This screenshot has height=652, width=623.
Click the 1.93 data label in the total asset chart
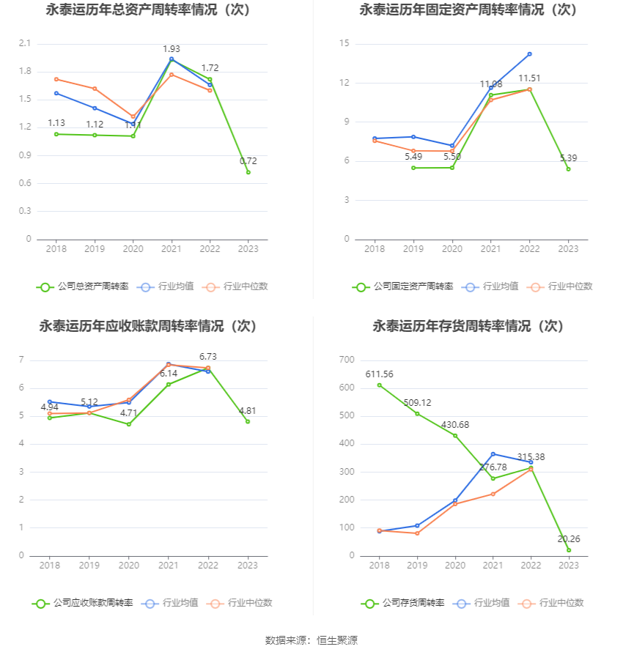[171, 49]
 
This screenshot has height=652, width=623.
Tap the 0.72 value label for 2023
[248, 161]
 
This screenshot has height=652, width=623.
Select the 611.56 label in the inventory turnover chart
[379, 374]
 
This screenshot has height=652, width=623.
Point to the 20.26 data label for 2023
[569, 539]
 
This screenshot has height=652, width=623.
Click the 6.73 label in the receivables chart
[208, 357]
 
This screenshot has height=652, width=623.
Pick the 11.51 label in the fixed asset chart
[529, 78]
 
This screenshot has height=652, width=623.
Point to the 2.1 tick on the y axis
[25, 44]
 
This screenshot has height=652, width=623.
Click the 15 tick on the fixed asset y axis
[344, 44]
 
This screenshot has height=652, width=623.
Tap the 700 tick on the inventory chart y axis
[347, 360]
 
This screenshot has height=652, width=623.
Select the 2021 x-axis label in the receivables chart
[169, 566]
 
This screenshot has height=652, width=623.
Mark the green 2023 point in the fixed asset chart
[568, 169]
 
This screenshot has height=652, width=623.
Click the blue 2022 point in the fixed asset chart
[529, 54]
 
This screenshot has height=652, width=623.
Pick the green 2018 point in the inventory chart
[379, 385]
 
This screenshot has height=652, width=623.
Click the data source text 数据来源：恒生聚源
[311, 640]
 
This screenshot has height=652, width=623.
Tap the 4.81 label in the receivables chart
[248, 410]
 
